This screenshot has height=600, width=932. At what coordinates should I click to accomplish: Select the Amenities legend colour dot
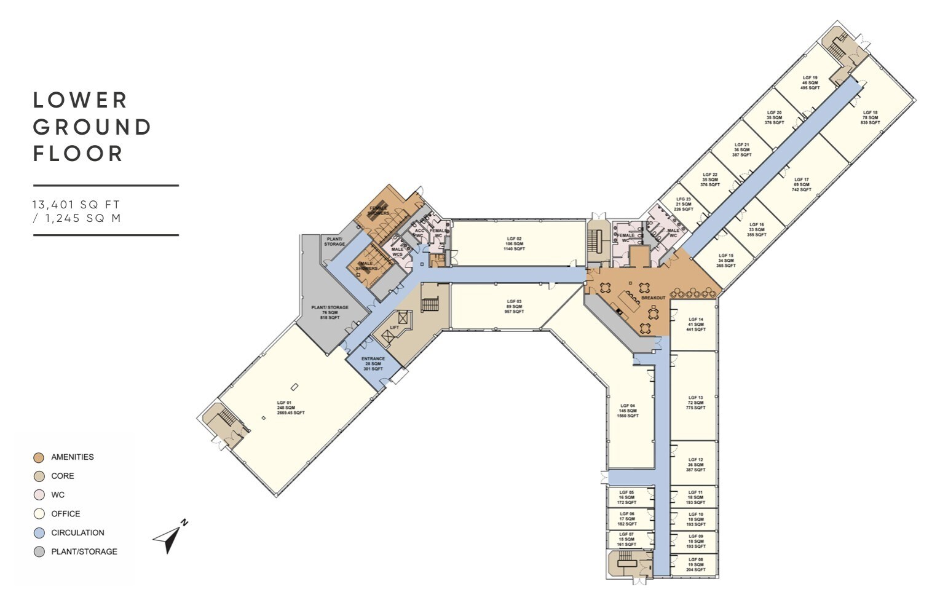click(x=39, y=457)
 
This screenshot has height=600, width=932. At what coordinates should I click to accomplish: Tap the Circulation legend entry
click(x=77, y=533)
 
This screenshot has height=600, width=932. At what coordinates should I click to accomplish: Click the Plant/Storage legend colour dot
click(x=39, y=552)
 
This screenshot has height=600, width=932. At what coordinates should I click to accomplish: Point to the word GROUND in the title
click(x=92, y=127)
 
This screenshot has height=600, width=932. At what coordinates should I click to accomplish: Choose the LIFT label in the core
click(x=394, y=328)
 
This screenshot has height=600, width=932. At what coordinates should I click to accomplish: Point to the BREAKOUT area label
click(x=653, y=298)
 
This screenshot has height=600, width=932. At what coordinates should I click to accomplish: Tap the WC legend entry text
click(x=58, y=495)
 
